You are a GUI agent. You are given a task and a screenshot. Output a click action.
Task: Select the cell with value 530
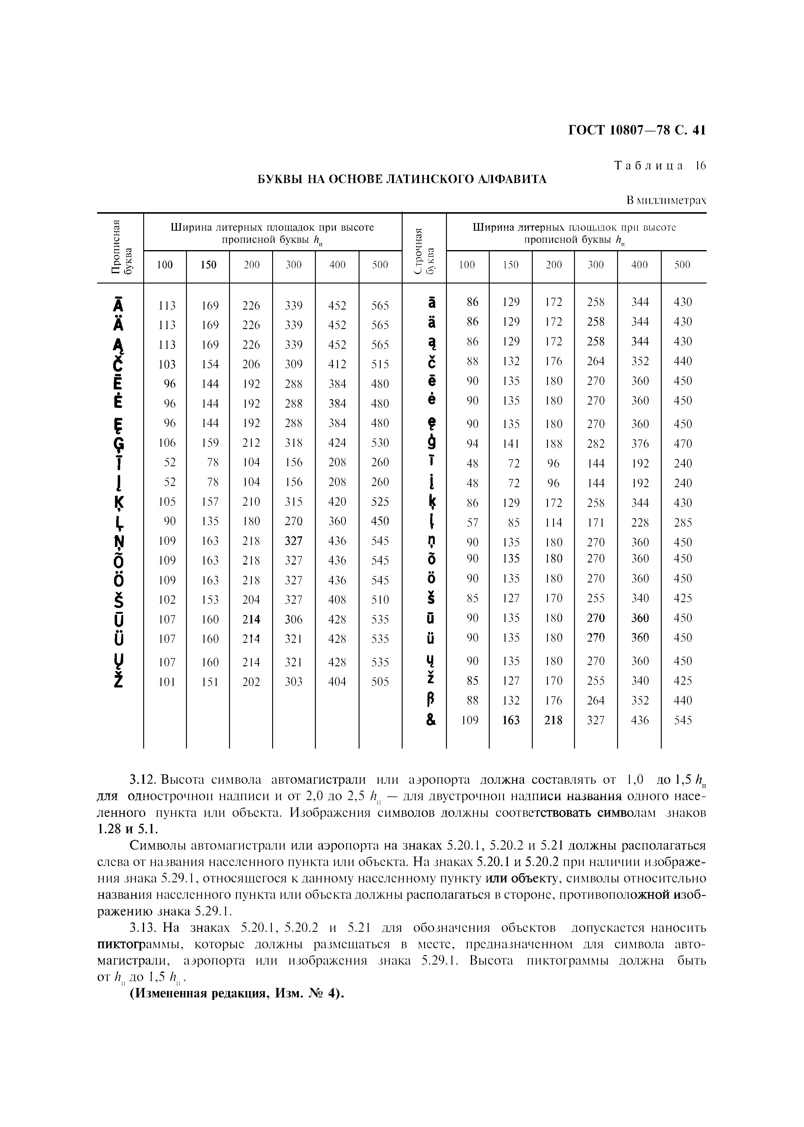click(x=380, y=443)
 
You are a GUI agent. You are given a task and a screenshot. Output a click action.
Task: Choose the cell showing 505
click(x=380, y=682)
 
